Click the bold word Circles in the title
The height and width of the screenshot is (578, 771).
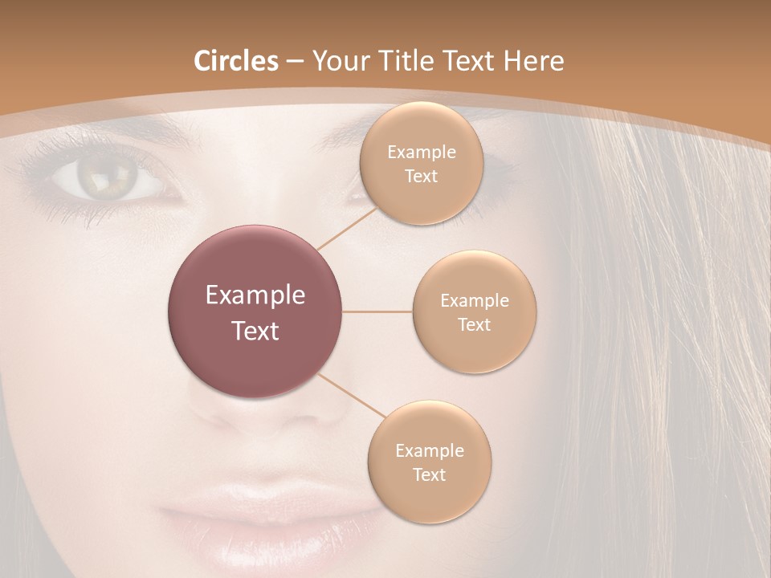point(236,61)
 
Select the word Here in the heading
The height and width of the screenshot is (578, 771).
point(533,61)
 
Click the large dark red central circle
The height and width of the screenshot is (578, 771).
point(255,311)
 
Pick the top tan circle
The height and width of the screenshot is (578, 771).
point(422,164)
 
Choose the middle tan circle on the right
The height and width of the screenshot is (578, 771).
point(475,311)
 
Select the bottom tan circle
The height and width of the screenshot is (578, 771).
point(430,462)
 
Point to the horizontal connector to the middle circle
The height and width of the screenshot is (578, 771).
point(377,311)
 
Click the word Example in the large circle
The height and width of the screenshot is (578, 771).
point(255,295)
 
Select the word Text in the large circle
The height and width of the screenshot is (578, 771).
point(255,331)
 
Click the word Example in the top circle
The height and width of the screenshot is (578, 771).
point(422,153)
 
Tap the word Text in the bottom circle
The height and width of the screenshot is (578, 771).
point(430,474)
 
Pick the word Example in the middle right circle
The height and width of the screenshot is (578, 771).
point(475,301)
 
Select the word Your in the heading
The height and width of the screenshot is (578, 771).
point(337,61)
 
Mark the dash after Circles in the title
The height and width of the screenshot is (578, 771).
point(295,62)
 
